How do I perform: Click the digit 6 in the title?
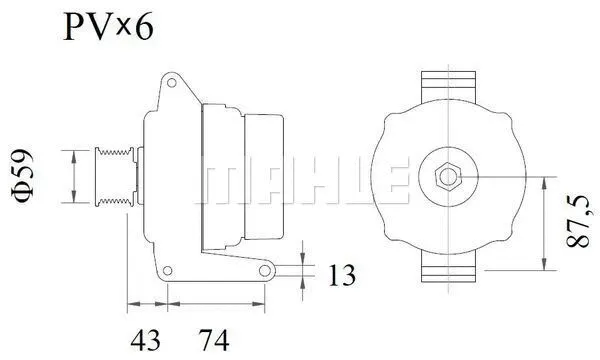point(143,28)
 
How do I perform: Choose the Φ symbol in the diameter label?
point(27,196)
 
